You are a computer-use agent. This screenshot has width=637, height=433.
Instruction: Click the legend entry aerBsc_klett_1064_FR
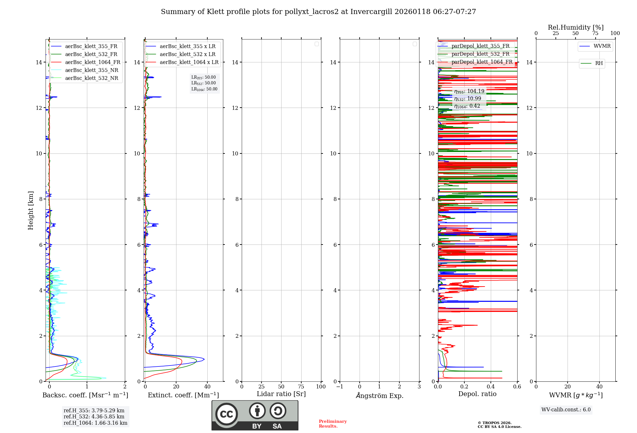coord(92,62)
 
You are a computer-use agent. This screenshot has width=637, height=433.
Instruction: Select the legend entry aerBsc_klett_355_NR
coord(91,70)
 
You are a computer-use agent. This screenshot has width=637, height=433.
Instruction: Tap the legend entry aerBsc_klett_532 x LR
coord(187,54)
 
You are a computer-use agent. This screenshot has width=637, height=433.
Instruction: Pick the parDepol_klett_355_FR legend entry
coord(480,46)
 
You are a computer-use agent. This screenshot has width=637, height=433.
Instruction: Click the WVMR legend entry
coord(602,46)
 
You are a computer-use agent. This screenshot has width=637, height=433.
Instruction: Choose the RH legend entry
coord(598,63)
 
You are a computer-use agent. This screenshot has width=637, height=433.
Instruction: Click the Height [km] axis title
coord(31,210)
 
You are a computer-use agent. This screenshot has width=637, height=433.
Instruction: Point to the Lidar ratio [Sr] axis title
coord(281,394)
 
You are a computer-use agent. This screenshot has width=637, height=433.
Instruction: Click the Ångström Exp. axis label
coord(379,396)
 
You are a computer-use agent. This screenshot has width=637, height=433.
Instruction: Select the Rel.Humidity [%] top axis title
coord(576,27)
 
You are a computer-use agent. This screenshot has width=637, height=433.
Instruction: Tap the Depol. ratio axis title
coord(477,394)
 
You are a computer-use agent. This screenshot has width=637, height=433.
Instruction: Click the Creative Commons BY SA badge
coord(255,415)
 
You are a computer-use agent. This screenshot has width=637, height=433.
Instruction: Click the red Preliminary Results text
coord(333,424)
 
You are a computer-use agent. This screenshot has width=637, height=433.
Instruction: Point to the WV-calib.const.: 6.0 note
coord(566,410)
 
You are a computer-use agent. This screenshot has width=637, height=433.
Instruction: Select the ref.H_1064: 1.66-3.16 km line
coord(95,423)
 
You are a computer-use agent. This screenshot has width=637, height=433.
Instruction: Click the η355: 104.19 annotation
coord(469,91)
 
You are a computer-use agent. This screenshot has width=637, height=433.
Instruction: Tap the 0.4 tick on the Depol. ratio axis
coord(491,387)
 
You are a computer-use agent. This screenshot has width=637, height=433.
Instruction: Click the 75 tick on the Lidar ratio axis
coord(301,387)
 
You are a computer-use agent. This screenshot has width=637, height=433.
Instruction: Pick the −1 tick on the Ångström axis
coord(340,387)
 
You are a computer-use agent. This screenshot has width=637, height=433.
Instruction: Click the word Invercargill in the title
coord(371,12)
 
